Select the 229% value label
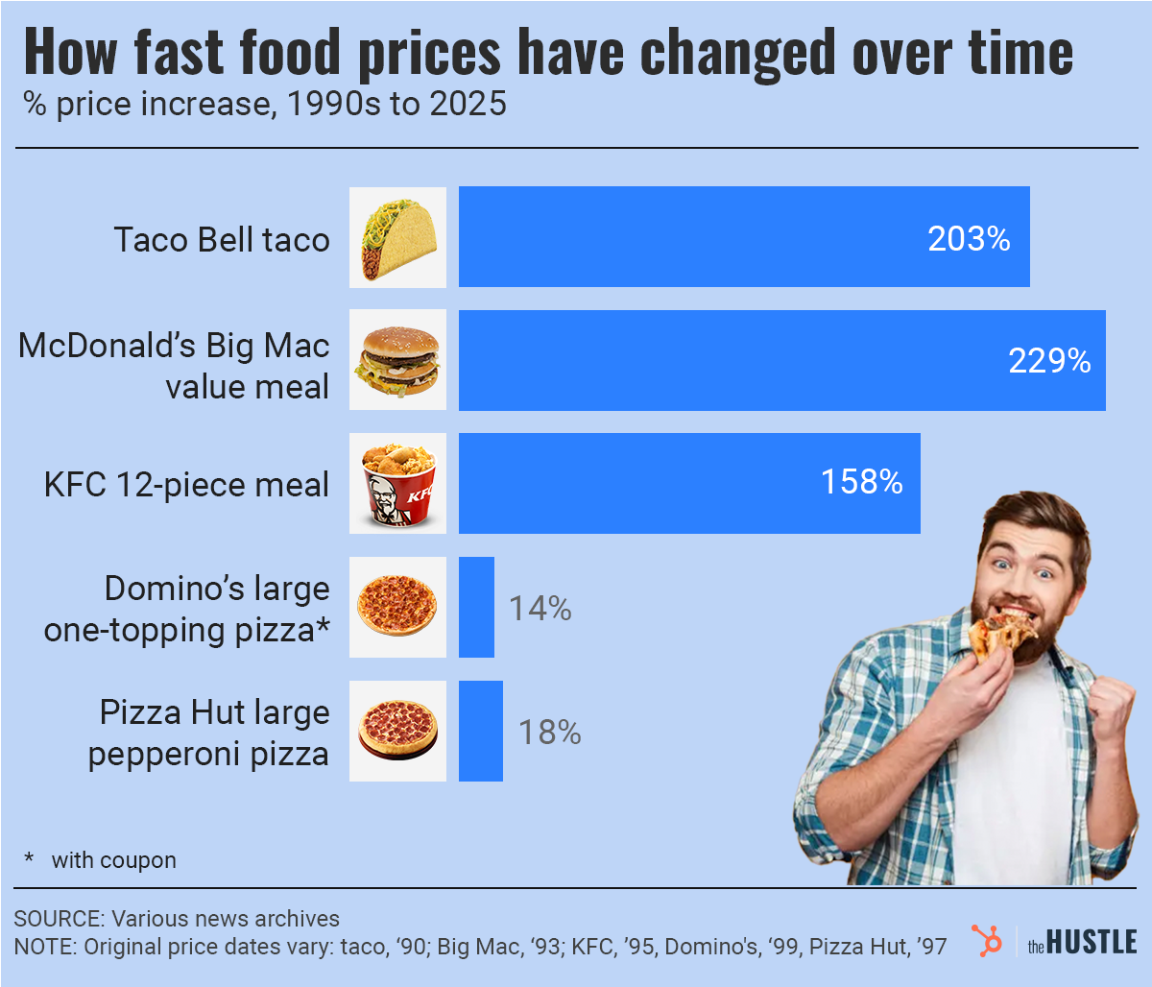(1048, 361)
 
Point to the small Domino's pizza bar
(476, 607)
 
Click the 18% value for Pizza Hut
(549, 733)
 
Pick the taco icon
(397, 237)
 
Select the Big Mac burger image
(397, 361)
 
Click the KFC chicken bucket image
(397, 483)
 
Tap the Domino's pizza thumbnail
(397, 607)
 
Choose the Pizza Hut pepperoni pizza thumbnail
(397, 732)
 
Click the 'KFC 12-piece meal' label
(186, 484)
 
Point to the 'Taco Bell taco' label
(222, 239)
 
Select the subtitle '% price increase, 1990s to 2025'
(265, 104)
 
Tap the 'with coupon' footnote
(113, 860)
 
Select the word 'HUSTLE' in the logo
(1092, 942)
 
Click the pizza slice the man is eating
(998, 635)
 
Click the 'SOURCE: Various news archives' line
(177, 919)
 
